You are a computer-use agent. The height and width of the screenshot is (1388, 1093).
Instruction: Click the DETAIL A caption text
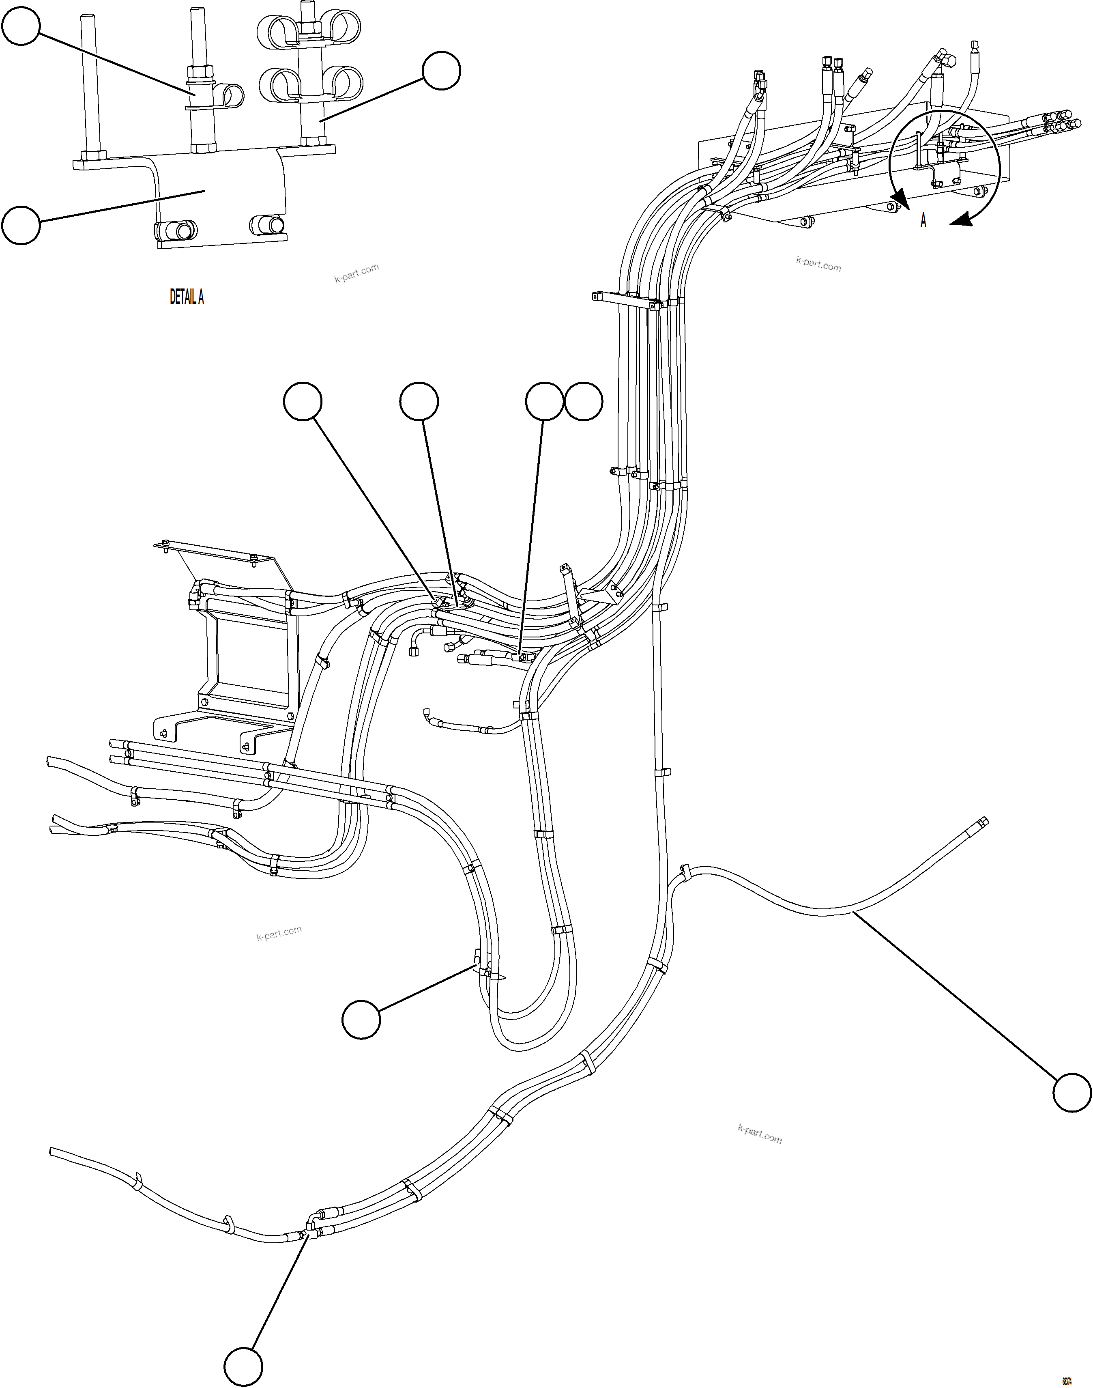click(x=186, y=297)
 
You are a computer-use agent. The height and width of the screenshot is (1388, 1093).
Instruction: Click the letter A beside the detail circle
click(x=923, y=220)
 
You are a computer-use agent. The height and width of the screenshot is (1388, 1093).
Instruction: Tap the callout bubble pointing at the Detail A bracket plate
click(x=21, y=225)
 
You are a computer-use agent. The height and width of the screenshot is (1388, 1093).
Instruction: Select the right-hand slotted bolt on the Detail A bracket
click(x=268, y=225)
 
